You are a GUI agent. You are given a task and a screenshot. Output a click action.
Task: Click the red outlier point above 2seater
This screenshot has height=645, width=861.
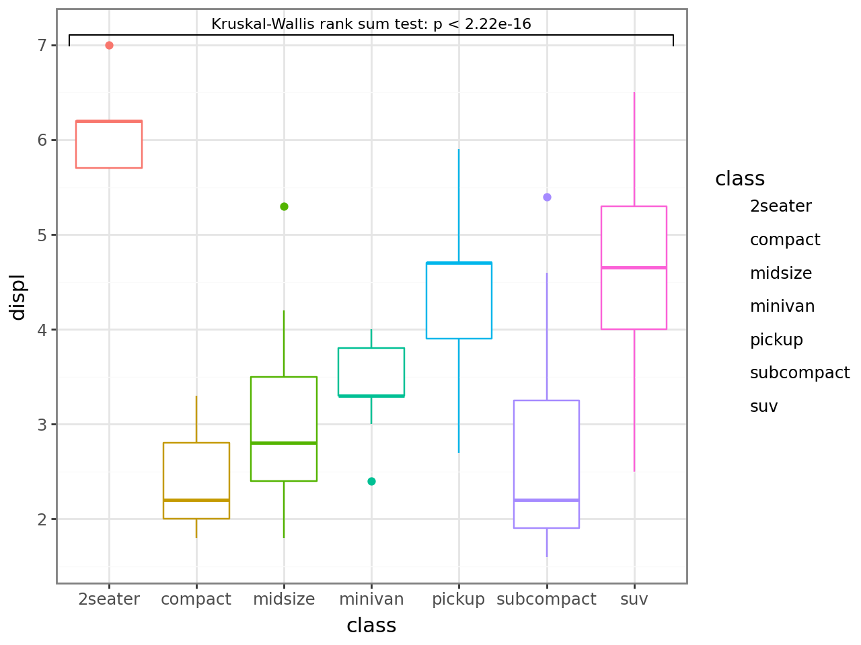pos(109,46)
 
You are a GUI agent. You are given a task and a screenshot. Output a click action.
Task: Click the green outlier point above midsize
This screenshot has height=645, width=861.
pos(284,206)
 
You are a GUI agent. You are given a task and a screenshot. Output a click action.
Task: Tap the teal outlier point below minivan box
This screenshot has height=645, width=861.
pos(371,481)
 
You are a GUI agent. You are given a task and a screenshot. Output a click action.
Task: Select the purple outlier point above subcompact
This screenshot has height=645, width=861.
pos(547,197)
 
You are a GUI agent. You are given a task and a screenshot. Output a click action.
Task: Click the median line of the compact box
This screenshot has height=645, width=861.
pos(196,500)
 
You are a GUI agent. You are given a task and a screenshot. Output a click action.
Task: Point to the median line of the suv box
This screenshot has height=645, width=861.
pos(634,267)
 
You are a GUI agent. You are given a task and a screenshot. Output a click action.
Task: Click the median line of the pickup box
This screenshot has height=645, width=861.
pos(459,263)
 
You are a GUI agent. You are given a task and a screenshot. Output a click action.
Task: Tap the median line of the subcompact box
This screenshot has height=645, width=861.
pos(546,500)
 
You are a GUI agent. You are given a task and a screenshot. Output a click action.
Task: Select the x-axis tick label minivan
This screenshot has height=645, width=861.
pos(371,599)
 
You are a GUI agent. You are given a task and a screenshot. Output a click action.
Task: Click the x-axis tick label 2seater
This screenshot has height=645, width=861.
pos(109,599)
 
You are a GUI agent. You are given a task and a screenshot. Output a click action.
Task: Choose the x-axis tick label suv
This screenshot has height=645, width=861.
pos(634,599)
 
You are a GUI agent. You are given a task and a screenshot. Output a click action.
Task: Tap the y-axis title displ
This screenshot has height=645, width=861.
pos(17,296)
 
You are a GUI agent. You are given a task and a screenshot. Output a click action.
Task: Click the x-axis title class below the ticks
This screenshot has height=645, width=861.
pos(371,626)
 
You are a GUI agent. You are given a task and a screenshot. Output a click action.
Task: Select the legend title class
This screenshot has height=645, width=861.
pos(740,179)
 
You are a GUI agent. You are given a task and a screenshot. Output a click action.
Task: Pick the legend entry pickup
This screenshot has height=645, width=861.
pos(776,339)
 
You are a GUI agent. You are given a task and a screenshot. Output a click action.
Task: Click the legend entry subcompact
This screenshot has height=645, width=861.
pos(800,373)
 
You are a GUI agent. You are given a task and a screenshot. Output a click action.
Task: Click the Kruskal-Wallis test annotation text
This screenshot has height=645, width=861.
pos(371,24)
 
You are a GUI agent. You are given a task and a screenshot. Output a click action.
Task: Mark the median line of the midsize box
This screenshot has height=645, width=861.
pos(284,443)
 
